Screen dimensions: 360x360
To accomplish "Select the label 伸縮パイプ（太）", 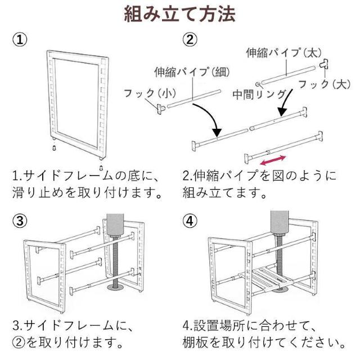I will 283,53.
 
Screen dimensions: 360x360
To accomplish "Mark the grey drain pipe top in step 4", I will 280,222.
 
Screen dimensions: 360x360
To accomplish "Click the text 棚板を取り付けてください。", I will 264,342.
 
